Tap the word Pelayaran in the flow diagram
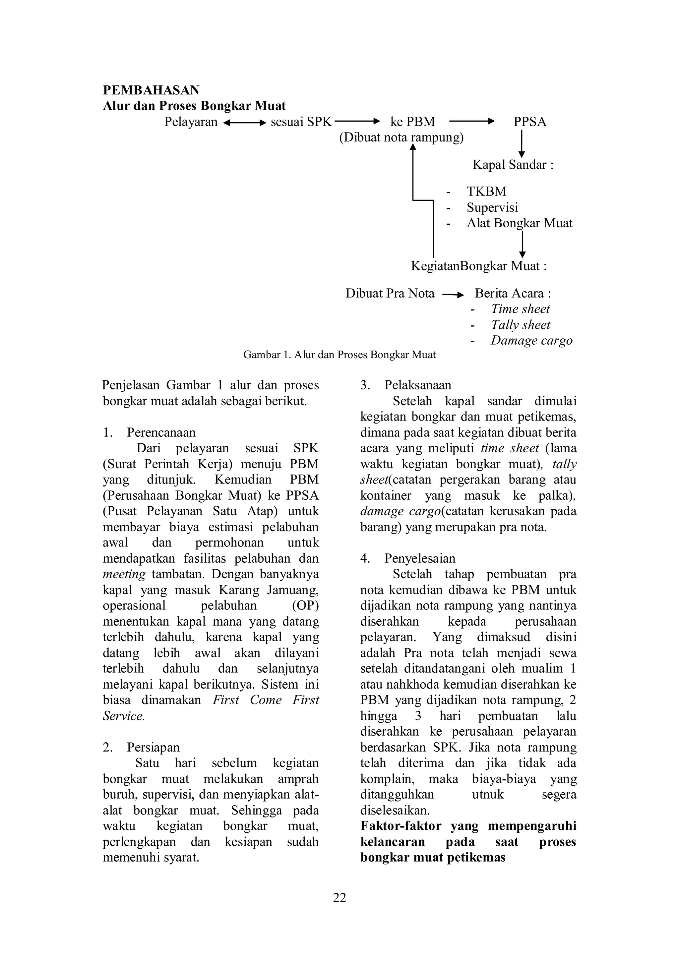191,122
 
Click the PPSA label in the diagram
530,122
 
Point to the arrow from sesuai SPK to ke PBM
356,122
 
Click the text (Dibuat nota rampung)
401,138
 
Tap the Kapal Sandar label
513,165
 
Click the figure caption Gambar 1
339,355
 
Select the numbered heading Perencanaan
161,432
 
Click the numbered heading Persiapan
153,747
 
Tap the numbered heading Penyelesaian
420,558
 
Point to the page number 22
339,898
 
